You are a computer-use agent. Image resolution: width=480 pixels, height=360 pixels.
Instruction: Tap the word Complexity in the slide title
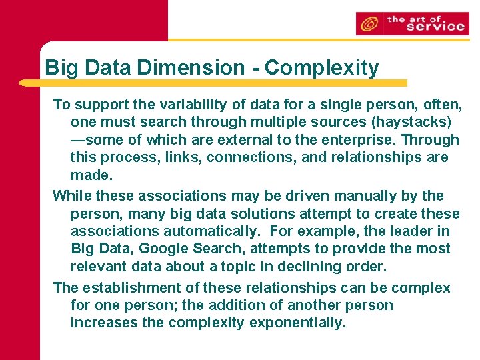click(321, 67)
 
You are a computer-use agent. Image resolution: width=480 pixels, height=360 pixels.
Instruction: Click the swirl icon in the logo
click(368, 25)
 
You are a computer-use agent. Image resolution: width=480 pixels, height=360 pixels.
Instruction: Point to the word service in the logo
click(435, 27)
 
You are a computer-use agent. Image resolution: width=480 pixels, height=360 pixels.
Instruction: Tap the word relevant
click(100, 267)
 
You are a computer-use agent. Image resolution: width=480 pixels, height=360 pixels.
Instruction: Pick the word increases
click(100, 323)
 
